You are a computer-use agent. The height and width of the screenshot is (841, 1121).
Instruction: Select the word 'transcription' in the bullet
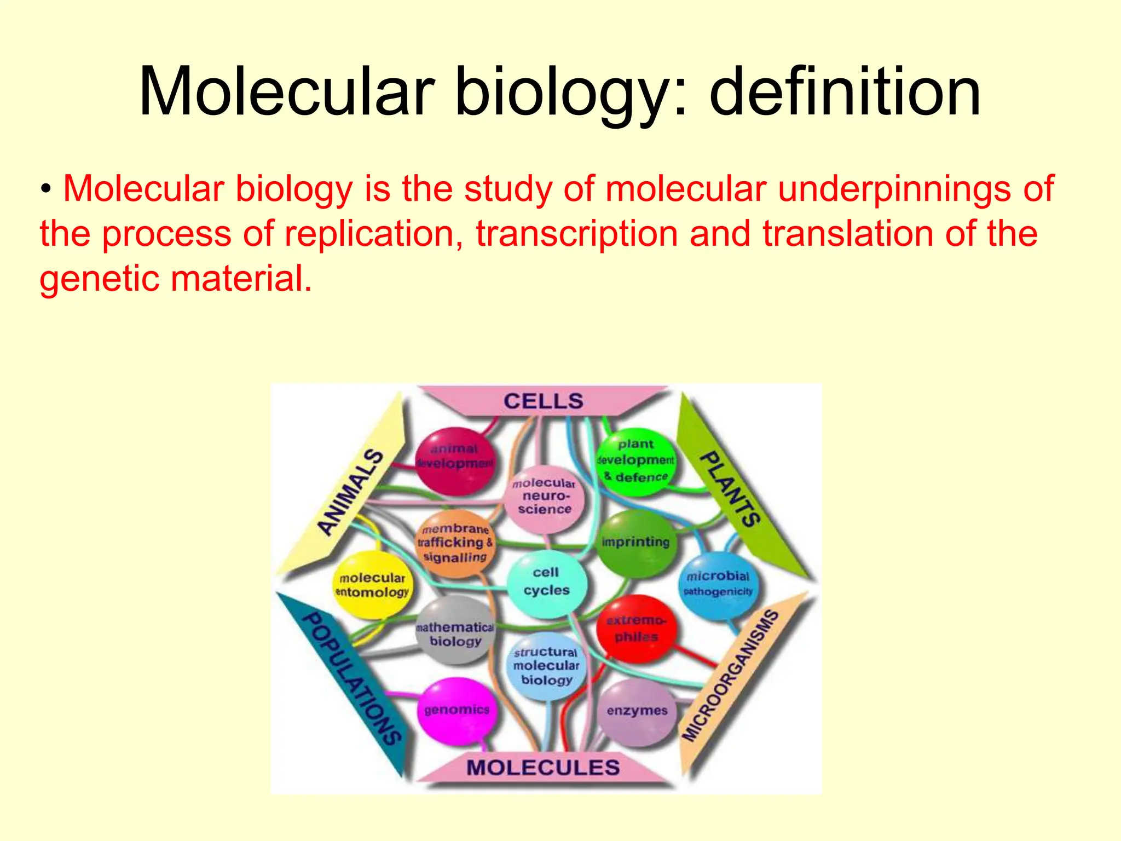coord(577,234)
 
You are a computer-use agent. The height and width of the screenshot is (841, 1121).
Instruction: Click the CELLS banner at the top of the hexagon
coord(543,401)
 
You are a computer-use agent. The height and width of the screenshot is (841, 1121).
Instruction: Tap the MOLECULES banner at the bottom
coord(543,767)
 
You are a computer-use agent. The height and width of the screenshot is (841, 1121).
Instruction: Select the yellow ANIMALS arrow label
coord(350,491)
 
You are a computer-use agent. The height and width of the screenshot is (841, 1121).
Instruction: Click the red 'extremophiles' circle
coord(636,629)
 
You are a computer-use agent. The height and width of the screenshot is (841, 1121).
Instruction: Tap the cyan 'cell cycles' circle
coord(546,583)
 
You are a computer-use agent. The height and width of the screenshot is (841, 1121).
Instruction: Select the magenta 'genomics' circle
coord(457,710)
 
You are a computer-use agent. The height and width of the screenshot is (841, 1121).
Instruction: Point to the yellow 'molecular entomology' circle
coord(373,585)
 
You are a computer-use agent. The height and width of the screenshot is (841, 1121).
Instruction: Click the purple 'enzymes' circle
coord(637,711)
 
